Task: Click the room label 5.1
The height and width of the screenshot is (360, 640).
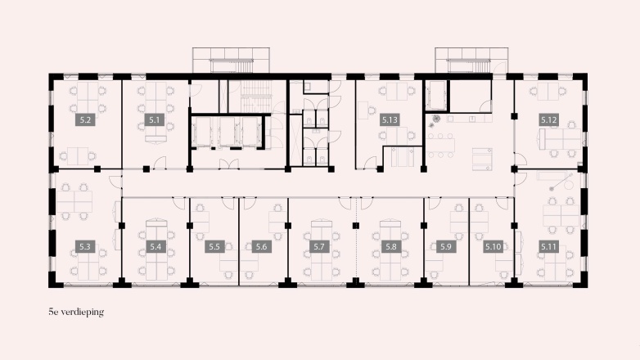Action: tap(154, 119)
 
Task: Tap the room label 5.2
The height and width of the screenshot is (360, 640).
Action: tap(84, 119)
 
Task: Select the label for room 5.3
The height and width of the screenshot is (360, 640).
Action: tap(84, 245)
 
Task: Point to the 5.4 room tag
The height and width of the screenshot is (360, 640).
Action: tap(155, 245)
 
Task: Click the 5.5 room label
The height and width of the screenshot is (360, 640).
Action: tap(214, 245)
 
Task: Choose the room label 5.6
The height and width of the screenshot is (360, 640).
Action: tap(261, 245)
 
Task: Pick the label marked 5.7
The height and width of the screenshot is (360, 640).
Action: tap(320, 245)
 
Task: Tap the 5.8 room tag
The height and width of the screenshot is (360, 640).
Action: tap(390, 245)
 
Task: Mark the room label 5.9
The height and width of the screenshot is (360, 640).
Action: tap(446, 245)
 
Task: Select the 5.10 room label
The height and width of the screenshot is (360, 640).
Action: tap(493, 245)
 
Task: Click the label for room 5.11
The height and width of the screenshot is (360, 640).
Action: tap(548, 245)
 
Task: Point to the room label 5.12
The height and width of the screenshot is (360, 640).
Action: tap(548, 119)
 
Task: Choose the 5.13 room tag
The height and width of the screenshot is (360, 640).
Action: tap(390, 119)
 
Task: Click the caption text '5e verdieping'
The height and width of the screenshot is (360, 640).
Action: tap(77, 312)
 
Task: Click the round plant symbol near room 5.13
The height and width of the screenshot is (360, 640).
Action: tap(436, 118)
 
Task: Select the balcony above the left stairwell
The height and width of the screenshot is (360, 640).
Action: tap(232, 60)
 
